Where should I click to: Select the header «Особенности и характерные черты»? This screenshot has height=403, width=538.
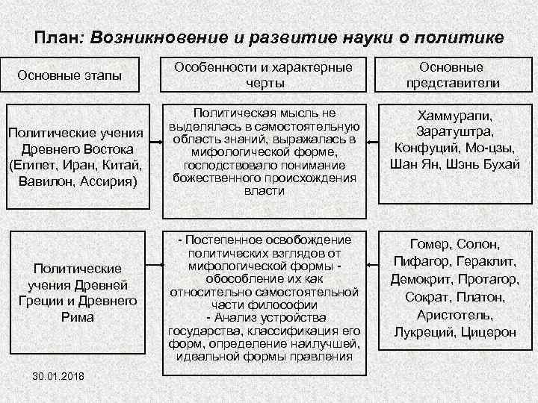(x=263, y=75)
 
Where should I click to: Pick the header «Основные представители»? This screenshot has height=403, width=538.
(x=453, y=75)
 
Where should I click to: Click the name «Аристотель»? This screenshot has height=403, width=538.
(x=454, y=315)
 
